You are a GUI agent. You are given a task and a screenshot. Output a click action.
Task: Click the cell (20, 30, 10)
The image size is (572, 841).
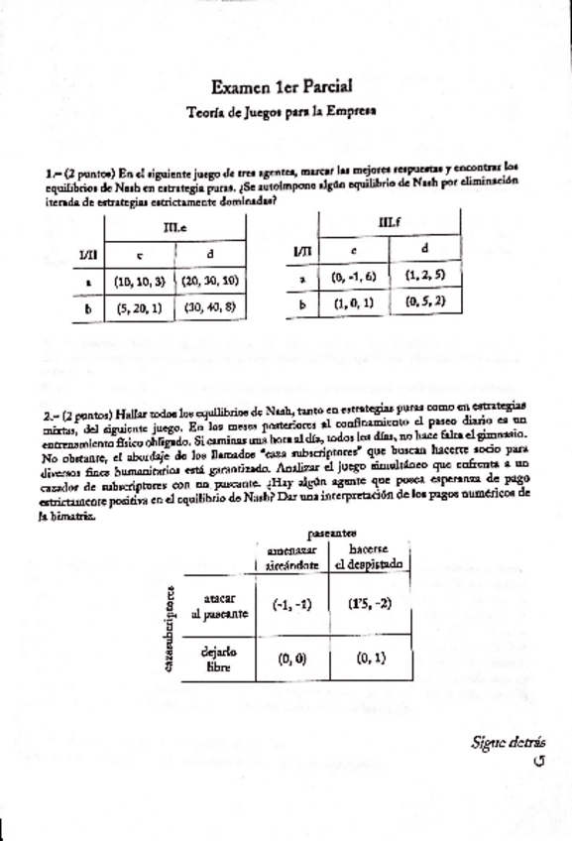click(208, 281)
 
